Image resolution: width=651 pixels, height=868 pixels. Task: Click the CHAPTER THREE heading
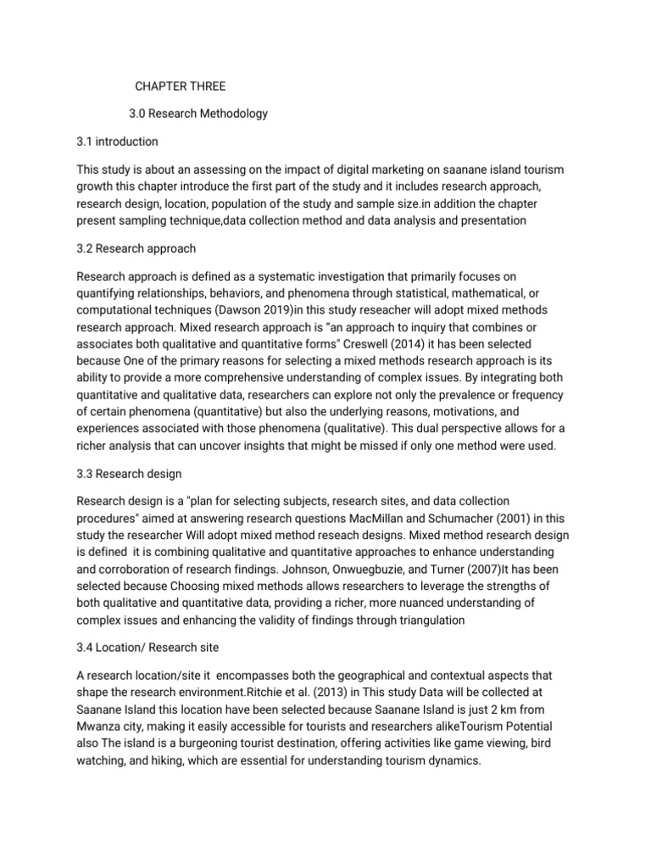tap(181, 86)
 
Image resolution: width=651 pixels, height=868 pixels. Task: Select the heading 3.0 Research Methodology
tap(198, 113)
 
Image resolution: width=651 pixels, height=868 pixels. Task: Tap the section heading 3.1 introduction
tap(117, 141)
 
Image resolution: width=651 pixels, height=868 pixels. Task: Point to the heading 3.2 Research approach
tap(136, 248)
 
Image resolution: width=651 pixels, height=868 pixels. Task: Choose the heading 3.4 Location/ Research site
tap(148, 648)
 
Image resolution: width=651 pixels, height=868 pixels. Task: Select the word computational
tap(117, 309)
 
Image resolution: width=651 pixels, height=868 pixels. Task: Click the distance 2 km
tap(512, 709)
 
